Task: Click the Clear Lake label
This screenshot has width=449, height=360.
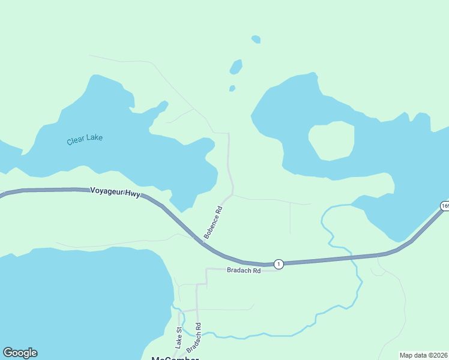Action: (x=85, y=139)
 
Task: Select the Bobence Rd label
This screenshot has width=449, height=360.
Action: (x=213, y=223)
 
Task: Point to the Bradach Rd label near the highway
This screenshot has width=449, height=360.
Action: (x=244, y=271)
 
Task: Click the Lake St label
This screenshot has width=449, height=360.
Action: (x=178, y=338)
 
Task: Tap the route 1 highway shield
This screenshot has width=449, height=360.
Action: (x=279, y=264)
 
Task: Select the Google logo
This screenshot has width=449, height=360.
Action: (x=20, y=353)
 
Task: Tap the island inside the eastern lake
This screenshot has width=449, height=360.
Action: (x=331, y=140)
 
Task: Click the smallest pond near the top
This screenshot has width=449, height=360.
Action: (x=232, y=89)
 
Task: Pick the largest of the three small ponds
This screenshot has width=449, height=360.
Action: (x=236, y=67)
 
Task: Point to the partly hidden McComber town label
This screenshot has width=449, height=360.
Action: (x=174, y=358)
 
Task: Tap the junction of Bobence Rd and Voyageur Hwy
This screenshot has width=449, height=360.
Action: (x=203, y=243)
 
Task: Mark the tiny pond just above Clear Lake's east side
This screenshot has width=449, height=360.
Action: (x=232, y=89)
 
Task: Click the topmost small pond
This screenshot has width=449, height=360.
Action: (x=256, y=40)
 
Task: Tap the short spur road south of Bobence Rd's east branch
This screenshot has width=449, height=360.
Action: (x=291, y=218)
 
